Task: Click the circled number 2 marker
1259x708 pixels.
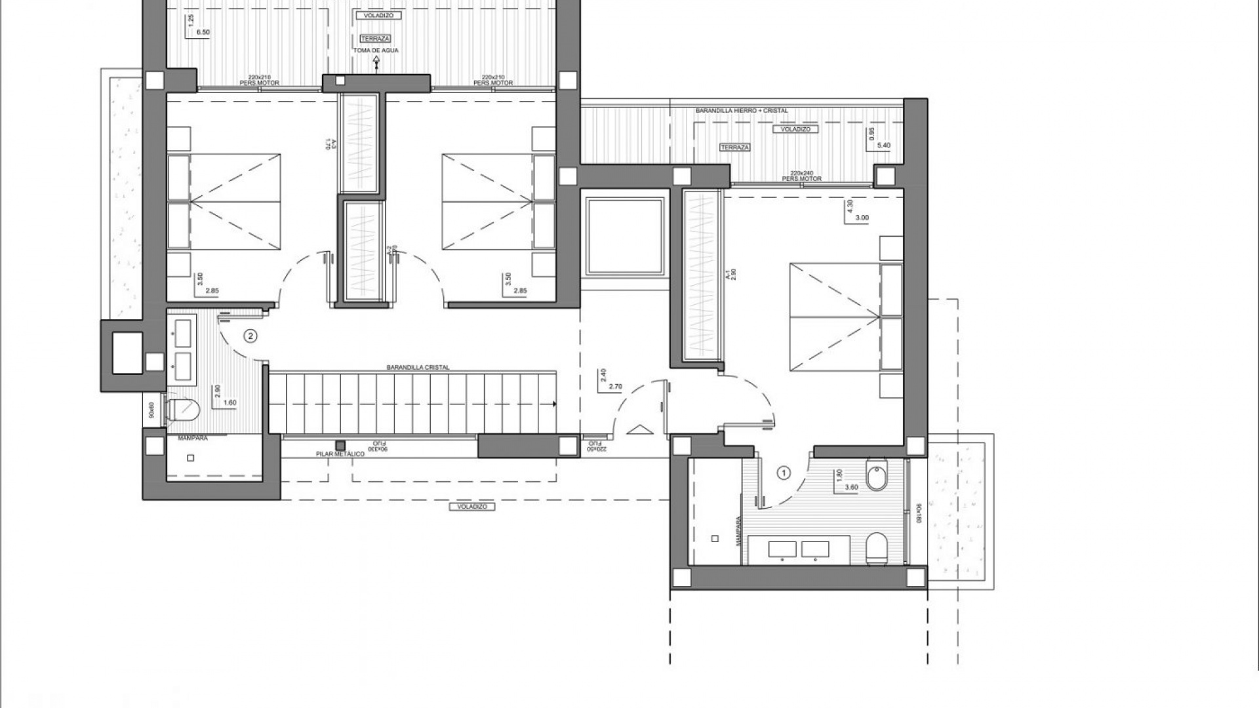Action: click(250, 336)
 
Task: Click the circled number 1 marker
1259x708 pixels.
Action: click(783, 472)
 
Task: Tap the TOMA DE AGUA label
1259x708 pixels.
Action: click(377, 50)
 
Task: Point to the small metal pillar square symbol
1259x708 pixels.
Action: click(340, 444)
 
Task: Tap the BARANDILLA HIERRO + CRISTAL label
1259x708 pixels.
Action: click(741, 111)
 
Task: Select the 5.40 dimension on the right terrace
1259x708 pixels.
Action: click(883, 146)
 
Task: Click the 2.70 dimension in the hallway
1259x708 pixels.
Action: click(615, 387)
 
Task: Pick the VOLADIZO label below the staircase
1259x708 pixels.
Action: click(472, 507)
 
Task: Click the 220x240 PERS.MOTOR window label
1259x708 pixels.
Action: click(802, 176)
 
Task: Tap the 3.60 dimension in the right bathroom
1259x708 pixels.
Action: click(851, 487)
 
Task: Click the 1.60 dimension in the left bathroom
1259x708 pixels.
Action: click(230, 403)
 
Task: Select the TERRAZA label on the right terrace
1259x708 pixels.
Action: click(734, 147)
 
